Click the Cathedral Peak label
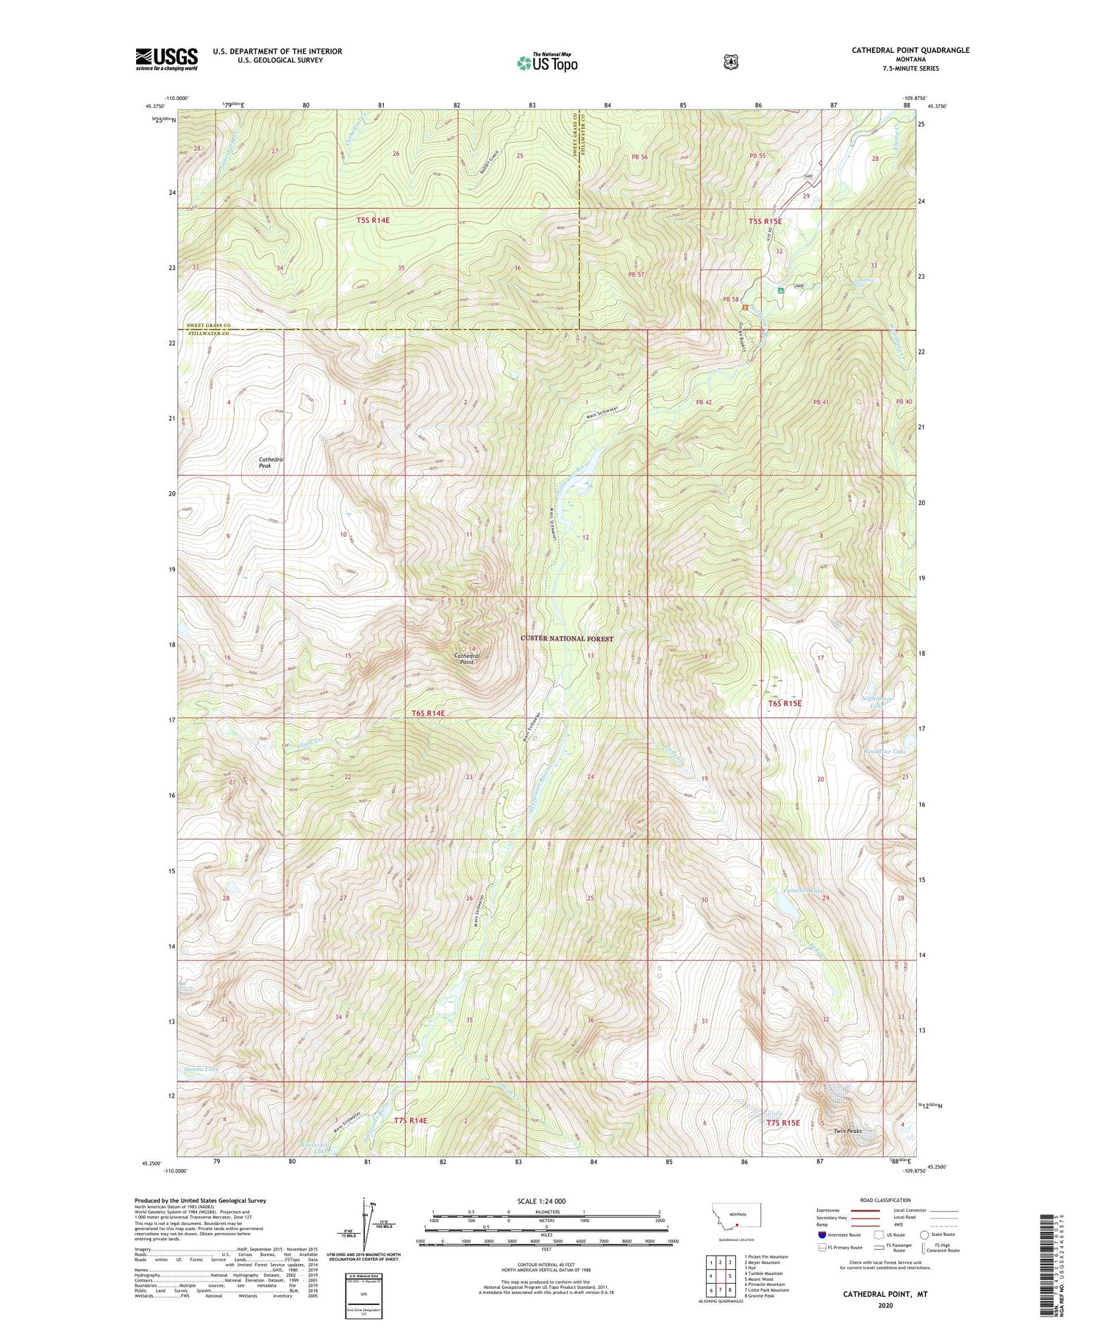271,462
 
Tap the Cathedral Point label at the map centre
467,658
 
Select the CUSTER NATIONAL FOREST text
566,638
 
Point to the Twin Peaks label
846,1131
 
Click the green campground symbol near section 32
780,290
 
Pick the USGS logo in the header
166,59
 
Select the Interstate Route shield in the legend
822,1234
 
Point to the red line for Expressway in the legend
865,1210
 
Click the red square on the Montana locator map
737,1225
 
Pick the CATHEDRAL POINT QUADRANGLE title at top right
900,50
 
